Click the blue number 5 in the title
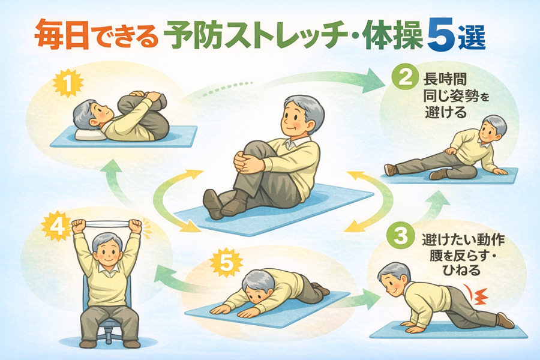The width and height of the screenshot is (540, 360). coord(442,39)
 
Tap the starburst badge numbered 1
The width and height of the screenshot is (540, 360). coord(69,85)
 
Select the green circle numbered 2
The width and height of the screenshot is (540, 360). coord(406,77)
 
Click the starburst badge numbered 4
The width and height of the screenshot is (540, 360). coord(57,227)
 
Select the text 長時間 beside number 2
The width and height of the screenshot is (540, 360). coord(445,80)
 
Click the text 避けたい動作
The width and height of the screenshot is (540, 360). coord(463,239)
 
